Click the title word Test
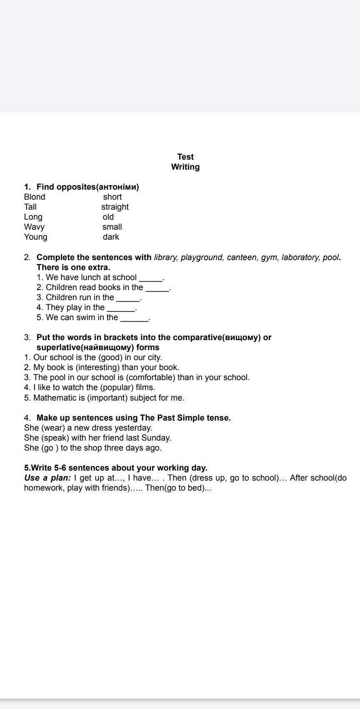[x=185, y=157]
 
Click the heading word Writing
[x=185, y=167]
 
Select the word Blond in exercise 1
[x=35, y=197]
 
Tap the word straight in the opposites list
[x=115, y=207]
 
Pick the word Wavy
[x=34, y=227]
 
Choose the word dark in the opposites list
[x=111, y=237]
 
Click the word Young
[x=36, y=237]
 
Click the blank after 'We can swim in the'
[x=134, y=318]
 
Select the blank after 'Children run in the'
[x=128, y=298]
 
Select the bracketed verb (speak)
[x=55, y=438]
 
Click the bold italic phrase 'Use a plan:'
[x=47, y=478]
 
